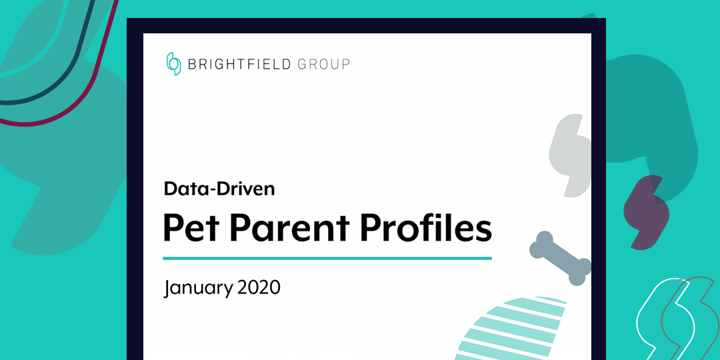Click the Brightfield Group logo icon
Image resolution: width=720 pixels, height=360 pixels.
pyautogui.click(x=173, y=64)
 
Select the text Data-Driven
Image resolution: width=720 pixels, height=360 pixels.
pyautogui.click(x=219, y=189)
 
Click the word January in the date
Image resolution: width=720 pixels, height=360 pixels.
pyautogui.click(x=197, y=288)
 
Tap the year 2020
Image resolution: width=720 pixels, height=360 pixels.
pyautogui.click(x=259, y=288)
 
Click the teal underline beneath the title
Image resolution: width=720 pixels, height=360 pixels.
pyautogui.click(x=327, y=257)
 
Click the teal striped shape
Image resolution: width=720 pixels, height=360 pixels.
pyautogui.click(x=517, y=330)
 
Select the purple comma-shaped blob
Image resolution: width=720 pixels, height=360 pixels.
pyautogui.click(x=645, y=212)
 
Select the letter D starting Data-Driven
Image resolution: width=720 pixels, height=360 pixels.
pyautogui.click(x=171, y=189)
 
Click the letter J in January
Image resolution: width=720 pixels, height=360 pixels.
pyautogui.click(x=168, y=289)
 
